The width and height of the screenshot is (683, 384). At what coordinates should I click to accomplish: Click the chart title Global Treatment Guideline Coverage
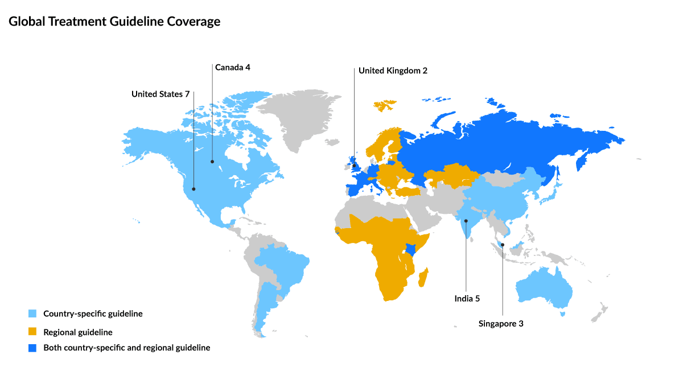[x=114, y=22]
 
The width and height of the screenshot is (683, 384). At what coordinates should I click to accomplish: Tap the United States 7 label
[x=160, y=94]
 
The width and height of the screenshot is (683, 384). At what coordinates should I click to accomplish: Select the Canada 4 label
[x=232, y=67]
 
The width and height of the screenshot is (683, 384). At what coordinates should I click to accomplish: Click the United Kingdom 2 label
[x=392, y=71]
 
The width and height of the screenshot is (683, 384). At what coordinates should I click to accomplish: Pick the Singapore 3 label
[x=500, y=323]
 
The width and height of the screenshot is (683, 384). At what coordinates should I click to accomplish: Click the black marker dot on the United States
[x=194, y=189]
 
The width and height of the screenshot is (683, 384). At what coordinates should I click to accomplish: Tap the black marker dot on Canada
[x=212, y=161]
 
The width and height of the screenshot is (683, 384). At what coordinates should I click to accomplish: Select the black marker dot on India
[x=466, y=220]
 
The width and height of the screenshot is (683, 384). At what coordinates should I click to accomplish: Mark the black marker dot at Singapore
[x=503, y=245]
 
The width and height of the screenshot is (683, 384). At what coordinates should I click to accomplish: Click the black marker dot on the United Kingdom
[x=354, y=166]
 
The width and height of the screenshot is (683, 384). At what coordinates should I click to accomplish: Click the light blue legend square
[x=32, y=313]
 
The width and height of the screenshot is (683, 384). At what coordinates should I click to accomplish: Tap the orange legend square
[x=32, y=332]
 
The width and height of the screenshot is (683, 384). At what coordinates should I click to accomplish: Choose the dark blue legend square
[x=32, y=348]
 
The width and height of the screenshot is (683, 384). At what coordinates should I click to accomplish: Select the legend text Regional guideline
[x=78, y=332]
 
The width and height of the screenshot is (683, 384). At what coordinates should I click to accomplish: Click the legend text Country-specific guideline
[x=93, y=313]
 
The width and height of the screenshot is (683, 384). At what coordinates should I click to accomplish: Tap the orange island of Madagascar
[x=423, y=279]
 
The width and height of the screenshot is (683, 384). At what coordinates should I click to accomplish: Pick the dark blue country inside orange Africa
[x=410, y=249]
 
